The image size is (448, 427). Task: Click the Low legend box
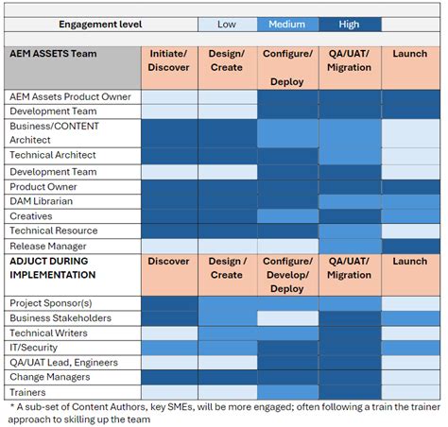[227, 24]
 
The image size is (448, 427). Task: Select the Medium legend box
[287, 24]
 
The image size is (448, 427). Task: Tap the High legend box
[349, 24]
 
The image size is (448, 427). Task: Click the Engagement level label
[102, 24]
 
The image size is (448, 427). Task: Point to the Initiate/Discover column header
[169, 60]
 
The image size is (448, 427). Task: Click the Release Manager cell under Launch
[410, 246]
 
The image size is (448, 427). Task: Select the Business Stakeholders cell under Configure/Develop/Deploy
[287, 318]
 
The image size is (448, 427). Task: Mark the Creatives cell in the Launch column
[410, 216]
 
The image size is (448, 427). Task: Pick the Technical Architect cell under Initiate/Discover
[169, 157]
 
